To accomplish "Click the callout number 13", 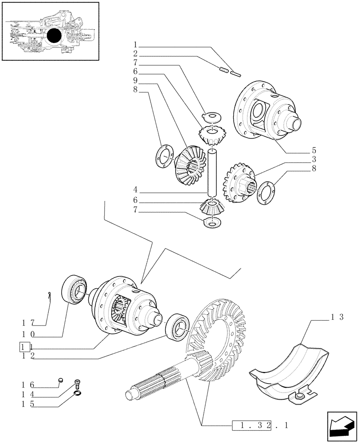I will [x=337, y=317].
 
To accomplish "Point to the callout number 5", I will [x=313, y=149].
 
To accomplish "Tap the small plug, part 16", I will [x=61, y=379].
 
